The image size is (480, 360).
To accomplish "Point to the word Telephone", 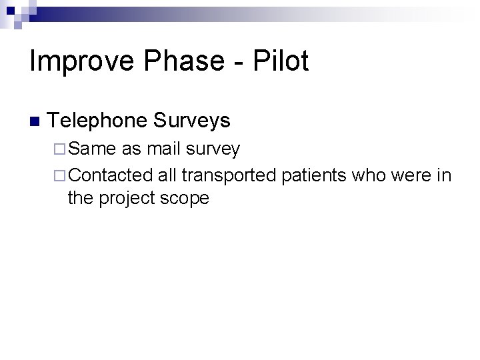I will (97, 121).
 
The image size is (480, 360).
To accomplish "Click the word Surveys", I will (191, 121).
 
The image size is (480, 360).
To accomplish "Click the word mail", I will (164, 149).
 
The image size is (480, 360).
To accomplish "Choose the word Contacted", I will (111, 175).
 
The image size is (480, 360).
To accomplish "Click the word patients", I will (315, 176).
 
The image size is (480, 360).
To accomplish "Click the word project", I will (127, 199).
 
